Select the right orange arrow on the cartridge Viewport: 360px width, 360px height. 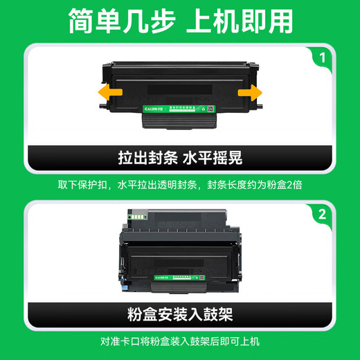[x=250, y=92]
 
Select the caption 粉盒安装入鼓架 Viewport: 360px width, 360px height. [x=180, y=314]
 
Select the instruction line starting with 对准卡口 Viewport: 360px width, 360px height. [x=180, y=342]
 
